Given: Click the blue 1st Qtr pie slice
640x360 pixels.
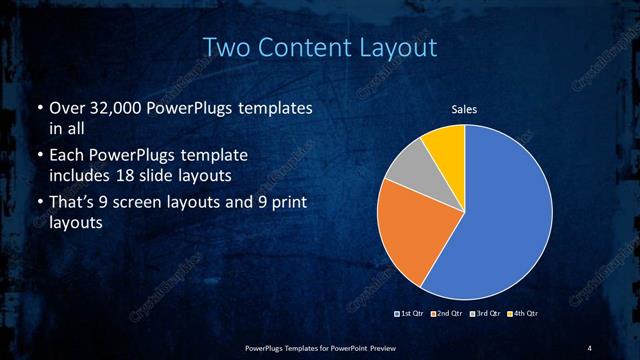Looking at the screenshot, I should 500,220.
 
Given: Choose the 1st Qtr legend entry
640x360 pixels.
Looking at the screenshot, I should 411,313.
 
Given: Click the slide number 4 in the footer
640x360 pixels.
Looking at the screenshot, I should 590,347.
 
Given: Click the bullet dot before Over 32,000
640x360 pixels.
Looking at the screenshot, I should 38,108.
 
